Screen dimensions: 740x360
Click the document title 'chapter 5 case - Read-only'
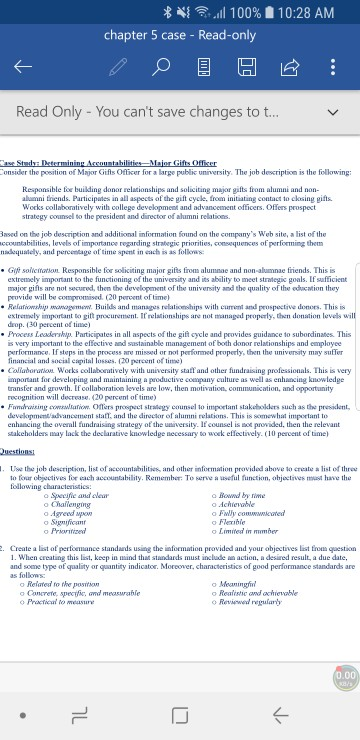click(181, 36)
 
